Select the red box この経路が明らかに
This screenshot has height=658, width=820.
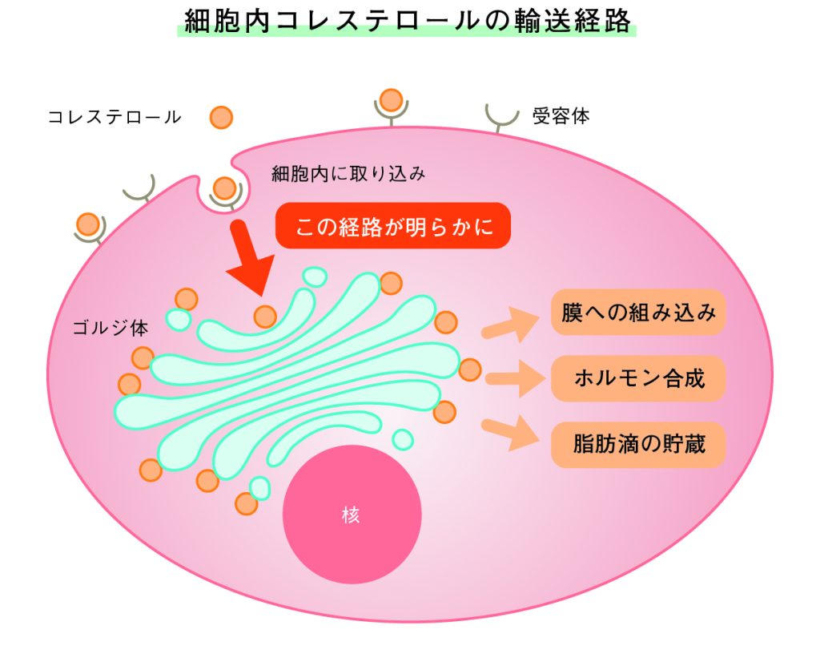pos(392,226)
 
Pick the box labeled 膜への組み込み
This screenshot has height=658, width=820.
pos(637,313)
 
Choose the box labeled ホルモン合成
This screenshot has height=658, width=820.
pos(637,378)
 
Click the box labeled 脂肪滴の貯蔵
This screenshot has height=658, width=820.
pos(637,443)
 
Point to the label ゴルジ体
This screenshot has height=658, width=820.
pos(110,327)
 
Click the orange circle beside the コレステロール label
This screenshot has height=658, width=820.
pos(221,117)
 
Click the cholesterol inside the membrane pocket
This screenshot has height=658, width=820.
pos(225,189)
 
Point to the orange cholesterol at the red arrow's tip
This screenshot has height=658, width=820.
pos(265,317)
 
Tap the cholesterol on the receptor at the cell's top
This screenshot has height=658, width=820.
pos(391,100)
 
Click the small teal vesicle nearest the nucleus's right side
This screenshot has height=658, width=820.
pos(403,439)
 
